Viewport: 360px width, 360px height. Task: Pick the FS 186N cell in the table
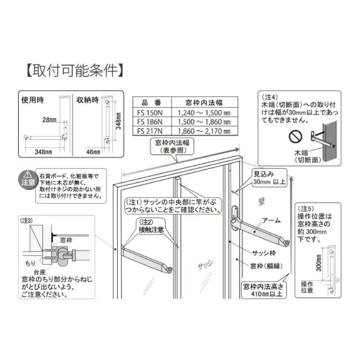148,122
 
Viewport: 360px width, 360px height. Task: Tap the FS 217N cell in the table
148,131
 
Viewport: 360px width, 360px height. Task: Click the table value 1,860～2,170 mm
204,131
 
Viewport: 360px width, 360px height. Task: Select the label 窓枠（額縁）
265,265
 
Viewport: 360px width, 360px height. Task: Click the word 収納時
87,99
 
